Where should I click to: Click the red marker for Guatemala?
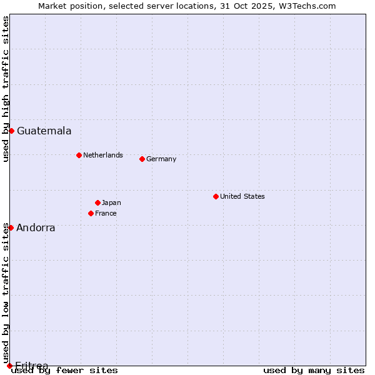tap(11, 131)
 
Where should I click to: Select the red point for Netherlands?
tap(79, 155)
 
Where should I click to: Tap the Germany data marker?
tap(142, 159)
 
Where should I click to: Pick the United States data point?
tap(216, 196)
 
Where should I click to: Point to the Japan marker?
tap(97, 202)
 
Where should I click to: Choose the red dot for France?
tap(91, 213)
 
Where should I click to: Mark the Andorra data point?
tap(11, 227)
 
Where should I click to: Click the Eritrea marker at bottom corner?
tap(9, 366)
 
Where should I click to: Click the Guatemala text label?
tap(44, 131)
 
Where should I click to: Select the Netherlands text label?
tap(102, 155)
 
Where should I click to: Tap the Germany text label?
tap(161, 159)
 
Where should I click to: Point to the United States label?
tap(242, 196)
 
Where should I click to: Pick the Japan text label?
tap(111, 202)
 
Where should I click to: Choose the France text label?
tap(106, 213)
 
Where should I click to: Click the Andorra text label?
tap(36, 228)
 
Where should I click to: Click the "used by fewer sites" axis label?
tap(64, 371)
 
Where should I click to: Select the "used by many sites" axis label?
tap(314, 371)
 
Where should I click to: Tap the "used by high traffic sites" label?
tap(6, 89)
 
